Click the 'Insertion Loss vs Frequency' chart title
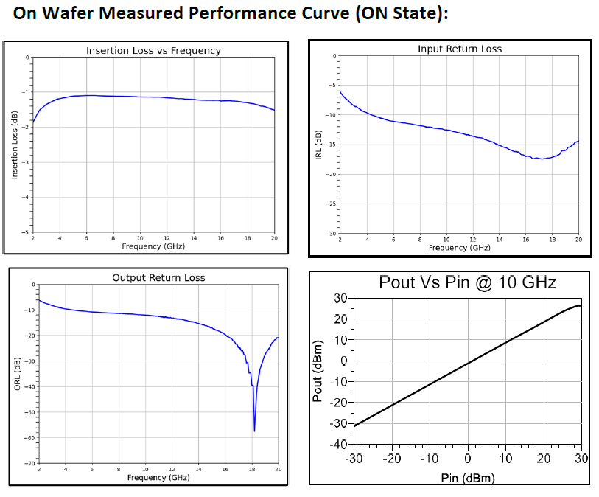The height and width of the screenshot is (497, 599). (153, 51)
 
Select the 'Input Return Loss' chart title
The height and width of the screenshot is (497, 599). (459, 49)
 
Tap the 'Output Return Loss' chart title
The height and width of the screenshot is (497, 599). (158, 278)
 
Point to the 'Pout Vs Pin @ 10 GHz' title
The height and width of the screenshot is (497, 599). (467, 282)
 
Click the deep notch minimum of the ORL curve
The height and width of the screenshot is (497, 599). (254, 431)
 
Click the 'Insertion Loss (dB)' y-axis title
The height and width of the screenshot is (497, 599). (15, 145)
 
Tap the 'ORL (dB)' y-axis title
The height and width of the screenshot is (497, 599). (17, 373)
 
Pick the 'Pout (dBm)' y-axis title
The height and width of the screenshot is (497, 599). (318, 371)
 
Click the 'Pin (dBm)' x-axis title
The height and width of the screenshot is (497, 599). (467, 478)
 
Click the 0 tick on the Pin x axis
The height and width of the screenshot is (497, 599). (468, 459)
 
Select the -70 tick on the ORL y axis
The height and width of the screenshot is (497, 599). (30, 463)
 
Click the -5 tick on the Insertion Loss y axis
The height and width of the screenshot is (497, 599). (26, 232)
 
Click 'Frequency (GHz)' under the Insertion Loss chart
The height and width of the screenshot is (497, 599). (153, 246)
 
